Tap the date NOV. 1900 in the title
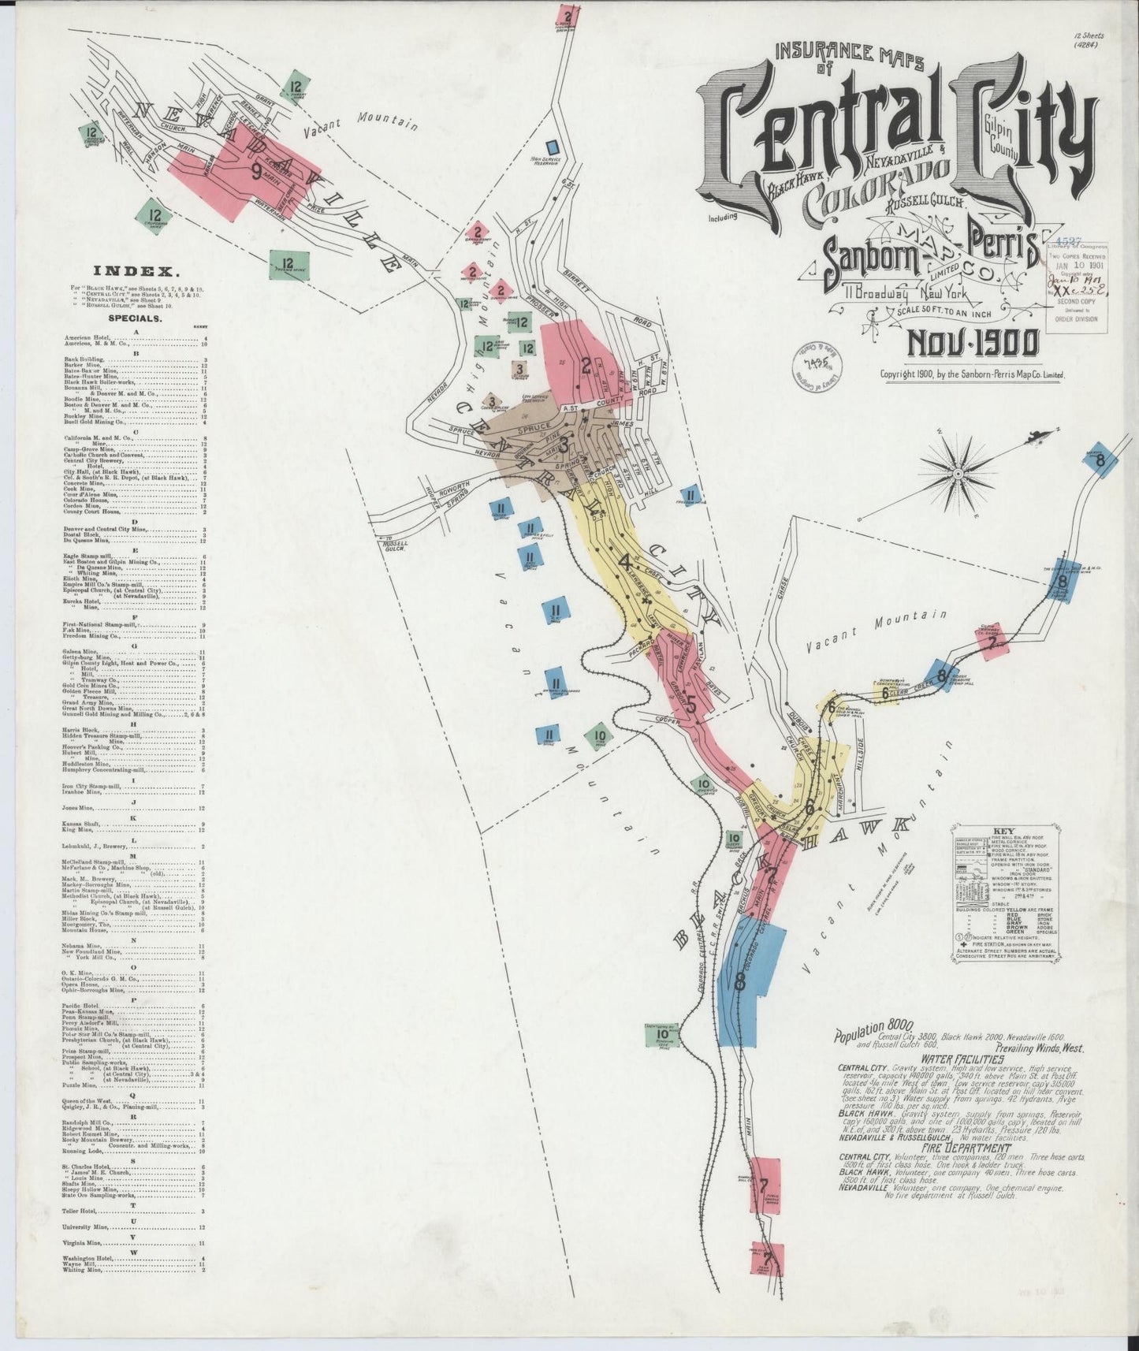click(x=973, y=344)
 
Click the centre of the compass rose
click(x=958, y=475)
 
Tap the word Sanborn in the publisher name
click(x=866, y=254)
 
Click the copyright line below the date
click(x=973, y=375)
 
